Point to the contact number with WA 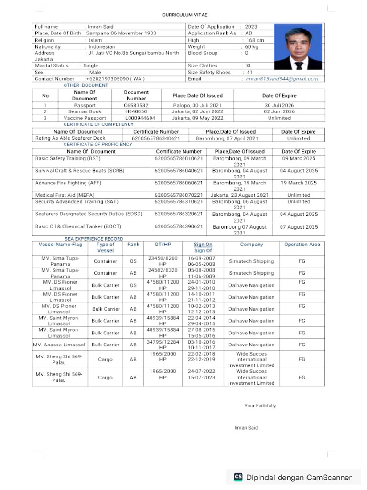tap(115, 78)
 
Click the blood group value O tap(247, 53)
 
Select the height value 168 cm tap(255, 40)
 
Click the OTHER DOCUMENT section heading tap(86, 85)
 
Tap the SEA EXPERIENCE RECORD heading tap(94, 239)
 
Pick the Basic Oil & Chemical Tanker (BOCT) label tap(75, 227)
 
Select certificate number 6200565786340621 tap(156, 138)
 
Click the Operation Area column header tap(302, 245)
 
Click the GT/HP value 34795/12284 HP tap(162, 345)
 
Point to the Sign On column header tap(203, 245)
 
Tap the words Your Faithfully tap(260, 406)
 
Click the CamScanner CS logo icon tap(238, 477)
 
